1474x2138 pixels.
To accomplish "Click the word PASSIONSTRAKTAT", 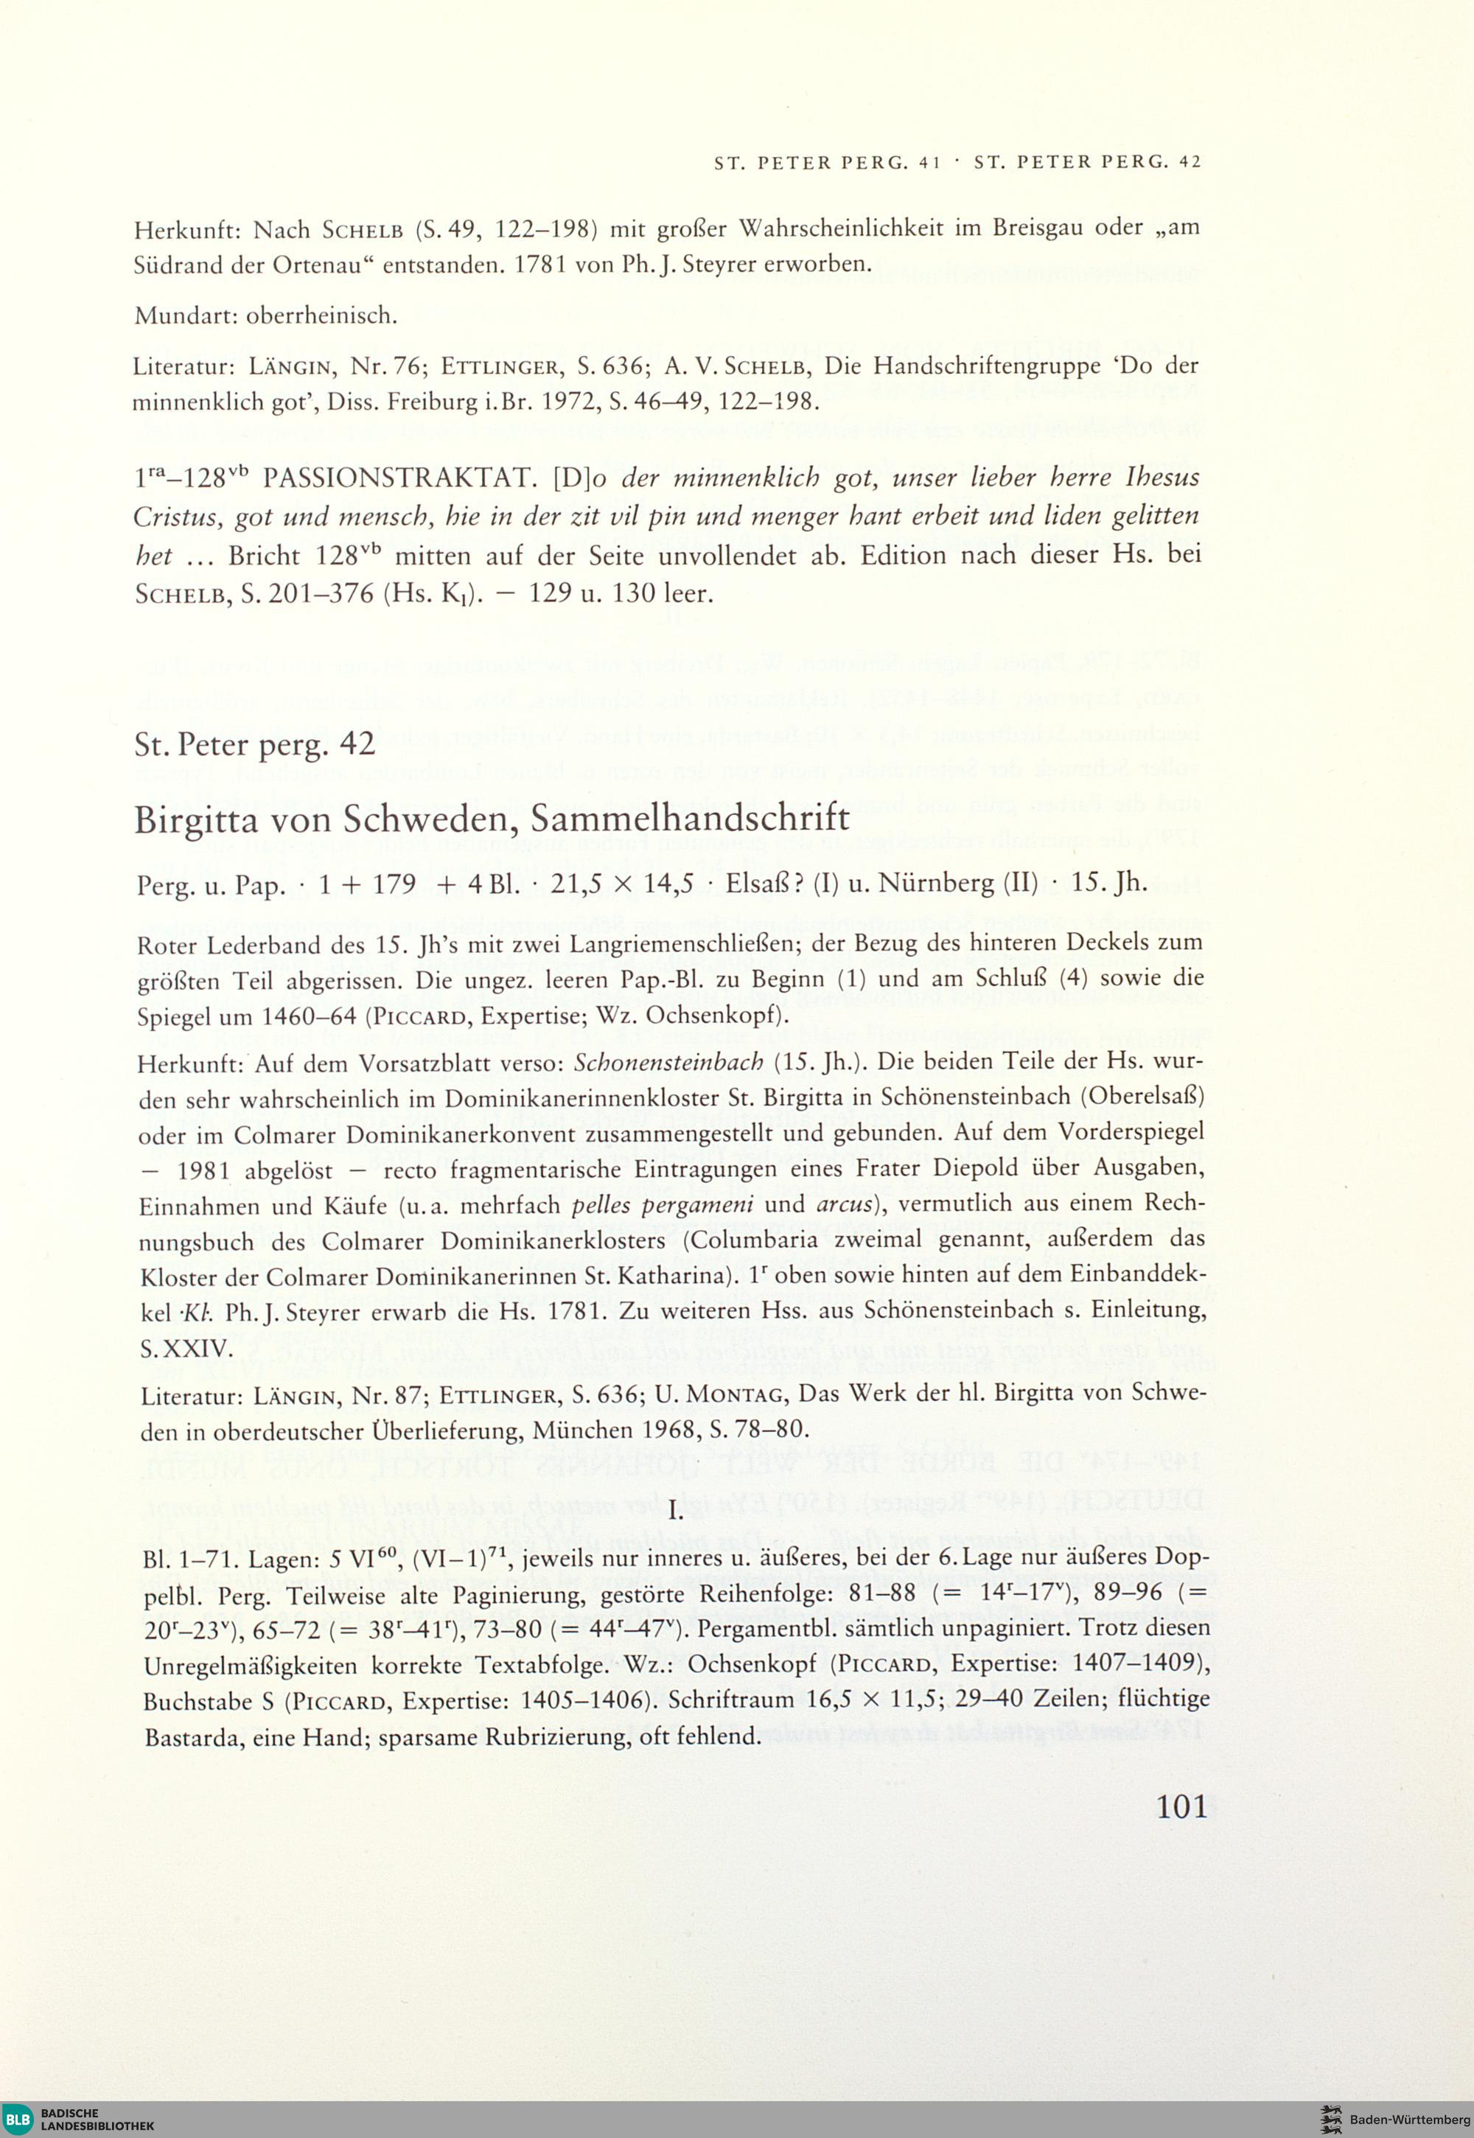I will [x=395, y=478].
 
